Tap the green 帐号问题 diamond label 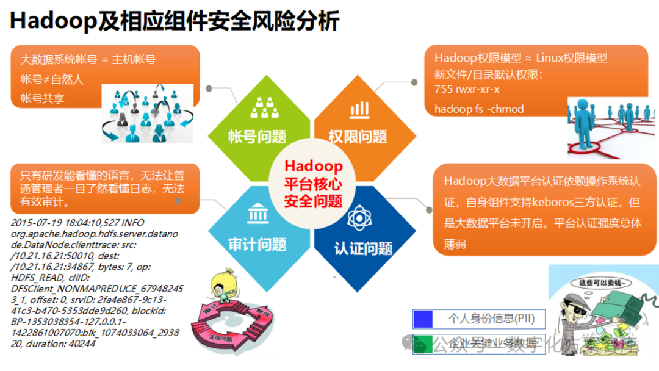[257, 136]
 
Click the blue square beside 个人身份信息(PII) [422, 319]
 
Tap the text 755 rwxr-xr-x [467, 89]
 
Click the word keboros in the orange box [561, 201]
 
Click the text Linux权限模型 [572, 59]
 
